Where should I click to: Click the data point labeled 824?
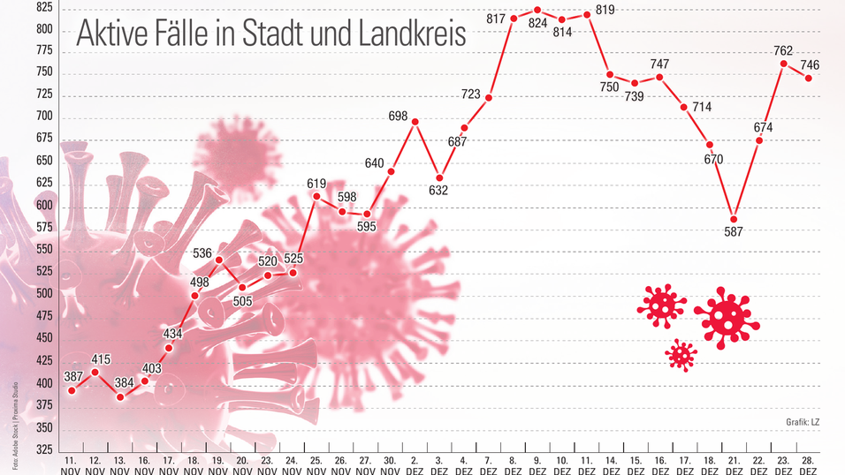click(x=537, y=11)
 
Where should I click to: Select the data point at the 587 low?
click(x=734, y=219)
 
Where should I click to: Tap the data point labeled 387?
click(x=72, y=390)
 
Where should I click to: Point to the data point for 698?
click(x=415, y=122)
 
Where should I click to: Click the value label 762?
click(x=783, y=50)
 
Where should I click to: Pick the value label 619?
click(x=317, y=184)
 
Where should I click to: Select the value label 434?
click(x=172, y=333)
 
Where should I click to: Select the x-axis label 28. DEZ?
click(x=808, y=465)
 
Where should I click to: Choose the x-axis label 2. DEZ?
click(x=415, y=465)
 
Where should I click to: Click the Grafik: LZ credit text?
click(x=803, y=422)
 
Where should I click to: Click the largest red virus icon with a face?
click(x=727, y=317)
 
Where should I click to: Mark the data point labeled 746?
click(x=808, y=79)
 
